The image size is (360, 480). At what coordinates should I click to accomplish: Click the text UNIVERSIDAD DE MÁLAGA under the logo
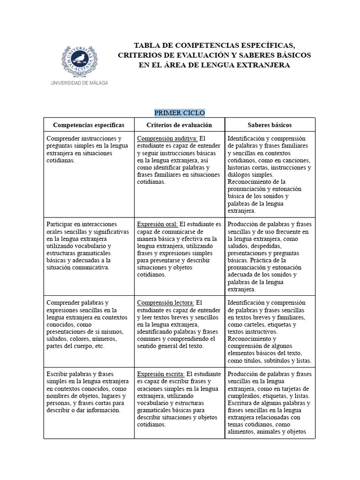(x=79, y=83)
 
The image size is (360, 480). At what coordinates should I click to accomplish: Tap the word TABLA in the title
(x=147, y=45)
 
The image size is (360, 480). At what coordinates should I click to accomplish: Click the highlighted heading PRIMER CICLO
(x=180, y=113)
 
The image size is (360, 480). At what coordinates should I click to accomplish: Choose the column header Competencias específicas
(x=89, y=125)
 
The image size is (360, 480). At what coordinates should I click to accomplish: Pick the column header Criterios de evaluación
(x=179, y=125)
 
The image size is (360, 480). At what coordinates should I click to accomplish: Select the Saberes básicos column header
(x=270, y=125)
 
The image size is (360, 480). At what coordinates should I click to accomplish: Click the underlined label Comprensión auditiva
(x=167, y=139)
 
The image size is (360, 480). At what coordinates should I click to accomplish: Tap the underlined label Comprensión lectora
(x=165, y=303)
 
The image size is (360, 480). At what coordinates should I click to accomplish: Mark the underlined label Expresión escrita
(x=161, y=375)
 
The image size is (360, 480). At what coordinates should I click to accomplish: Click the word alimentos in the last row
(x=243, y=432)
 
